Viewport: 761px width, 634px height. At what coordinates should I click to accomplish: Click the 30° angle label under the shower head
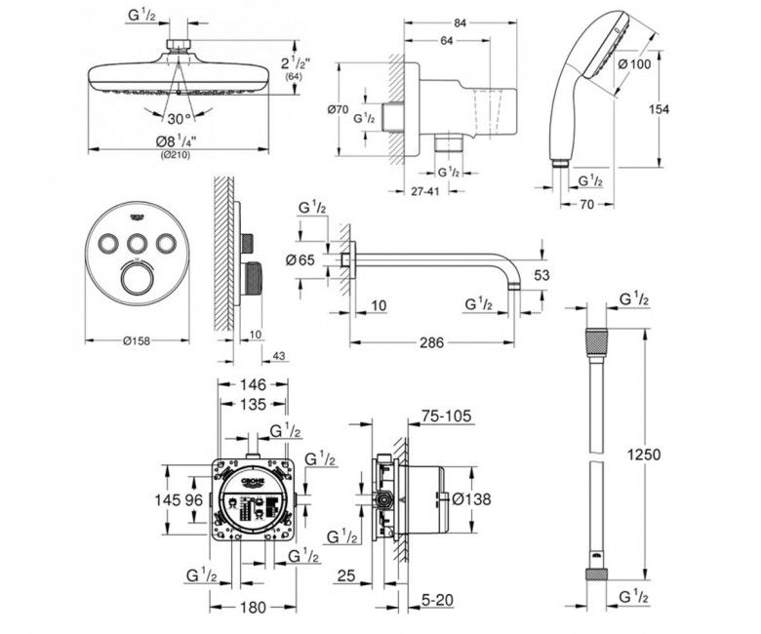[x=178, y=119]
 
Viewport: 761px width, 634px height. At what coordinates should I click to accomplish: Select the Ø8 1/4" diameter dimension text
[x=177, y=142]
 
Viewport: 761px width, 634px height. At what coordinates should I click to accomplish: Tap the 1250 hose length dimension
[x=643, y=454]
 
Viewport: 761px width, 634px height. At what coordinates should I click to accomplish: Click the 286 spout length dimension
[x=431, y=342]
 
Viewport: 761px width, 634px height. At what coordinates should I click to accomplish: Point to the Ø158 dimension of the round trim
[x=137, y=342]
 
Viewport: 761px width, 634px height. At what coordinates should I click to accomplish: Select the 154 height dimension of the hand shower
[x=659, y=109]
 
